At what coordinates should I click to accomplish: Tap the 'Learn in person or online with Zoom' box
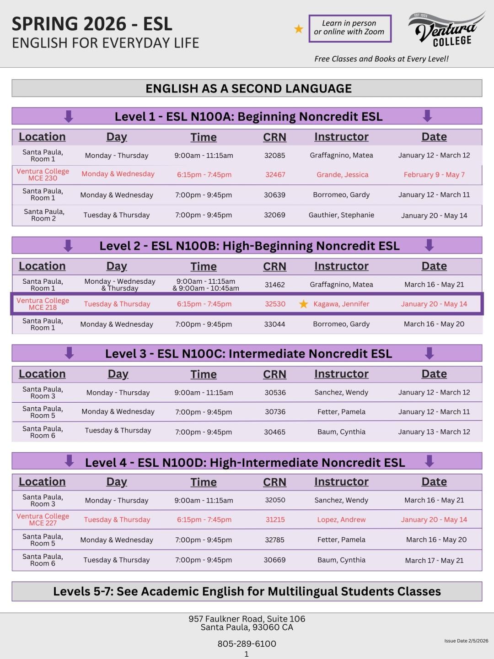click(x=350, y=28)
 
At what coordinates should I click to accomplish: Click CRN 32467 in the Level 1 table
click(x=275, y=174)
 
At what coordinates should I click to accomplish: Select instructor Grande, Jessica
click(x=342, y=174)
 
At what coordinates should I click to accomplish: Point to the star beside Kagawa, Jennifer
click(x=303, y=304)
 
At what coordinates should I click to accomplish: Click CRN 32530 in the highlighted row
click(x=275, y=304)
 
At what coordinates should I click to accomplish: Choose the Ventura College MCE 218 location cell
click(x=43, y=304)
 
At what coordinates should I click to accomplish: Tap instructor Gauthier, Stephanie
click(x=341, y=215)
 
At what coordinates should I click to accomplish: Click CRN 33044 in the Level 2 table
click(x=274, y=324)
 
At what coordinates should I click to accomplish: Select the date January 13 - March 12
click(x=434, y=432)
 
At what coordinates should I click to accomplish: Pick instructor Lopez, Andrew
click(x=341, y=520)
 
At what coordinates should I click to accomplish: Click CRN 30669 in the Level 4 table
click(x=274, y=560)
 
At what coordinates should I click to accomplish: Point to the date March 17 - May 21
click(x=434, y=560)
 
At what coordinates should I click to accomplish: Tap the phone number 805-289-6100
click(x=247, y=643)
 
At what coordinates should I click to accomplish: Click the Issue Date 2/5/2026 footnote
click(x=466, y=641)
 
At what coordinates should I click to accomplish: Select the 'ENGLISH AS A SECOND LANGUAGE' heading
click(x=248, y=88)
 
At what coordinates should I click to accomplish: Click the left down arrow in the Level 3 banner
click(x=70, y=353)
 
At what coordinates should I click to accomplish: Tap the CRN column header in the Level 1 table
click(x=274, y=137)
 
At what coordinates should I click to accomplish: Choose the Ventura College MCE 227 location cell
click(x=43, y=519)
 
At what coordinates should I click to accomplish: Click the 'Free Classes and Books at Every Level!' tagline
click(x=381, y=59)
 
